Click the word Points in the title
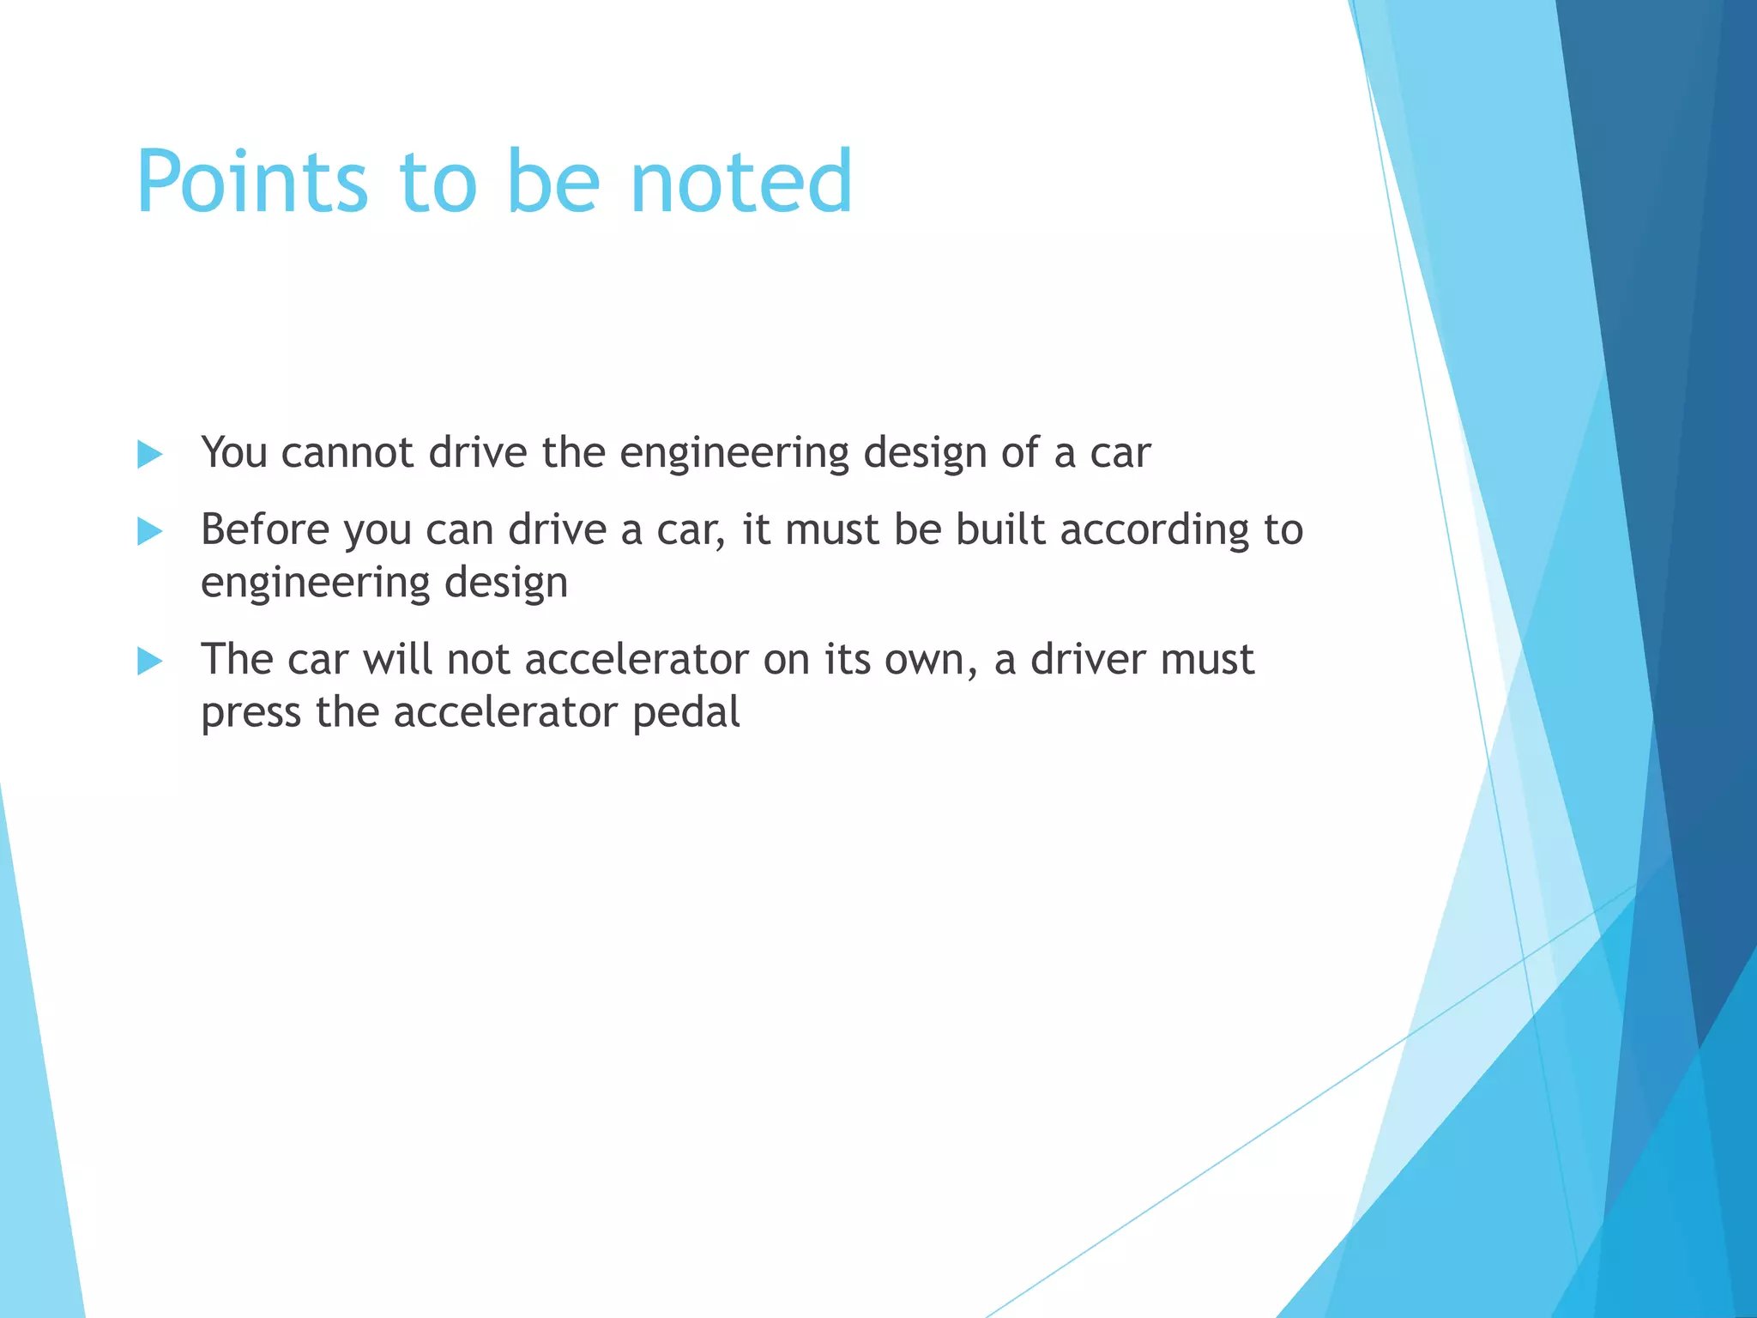tap(252, 182)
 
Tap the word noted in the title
tap(741, 182)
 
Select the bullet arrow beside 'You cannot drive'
tap(150, 454)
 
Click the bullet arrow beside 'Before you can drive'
tap(150, 531)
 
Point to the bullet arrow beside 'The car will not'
tap(150, 661)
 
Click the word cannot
tap(348, 452)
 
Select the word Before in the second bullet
tap(265, 529)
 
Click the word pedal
tap(685, 712)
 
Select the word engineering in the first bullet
tap(734, 454)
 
